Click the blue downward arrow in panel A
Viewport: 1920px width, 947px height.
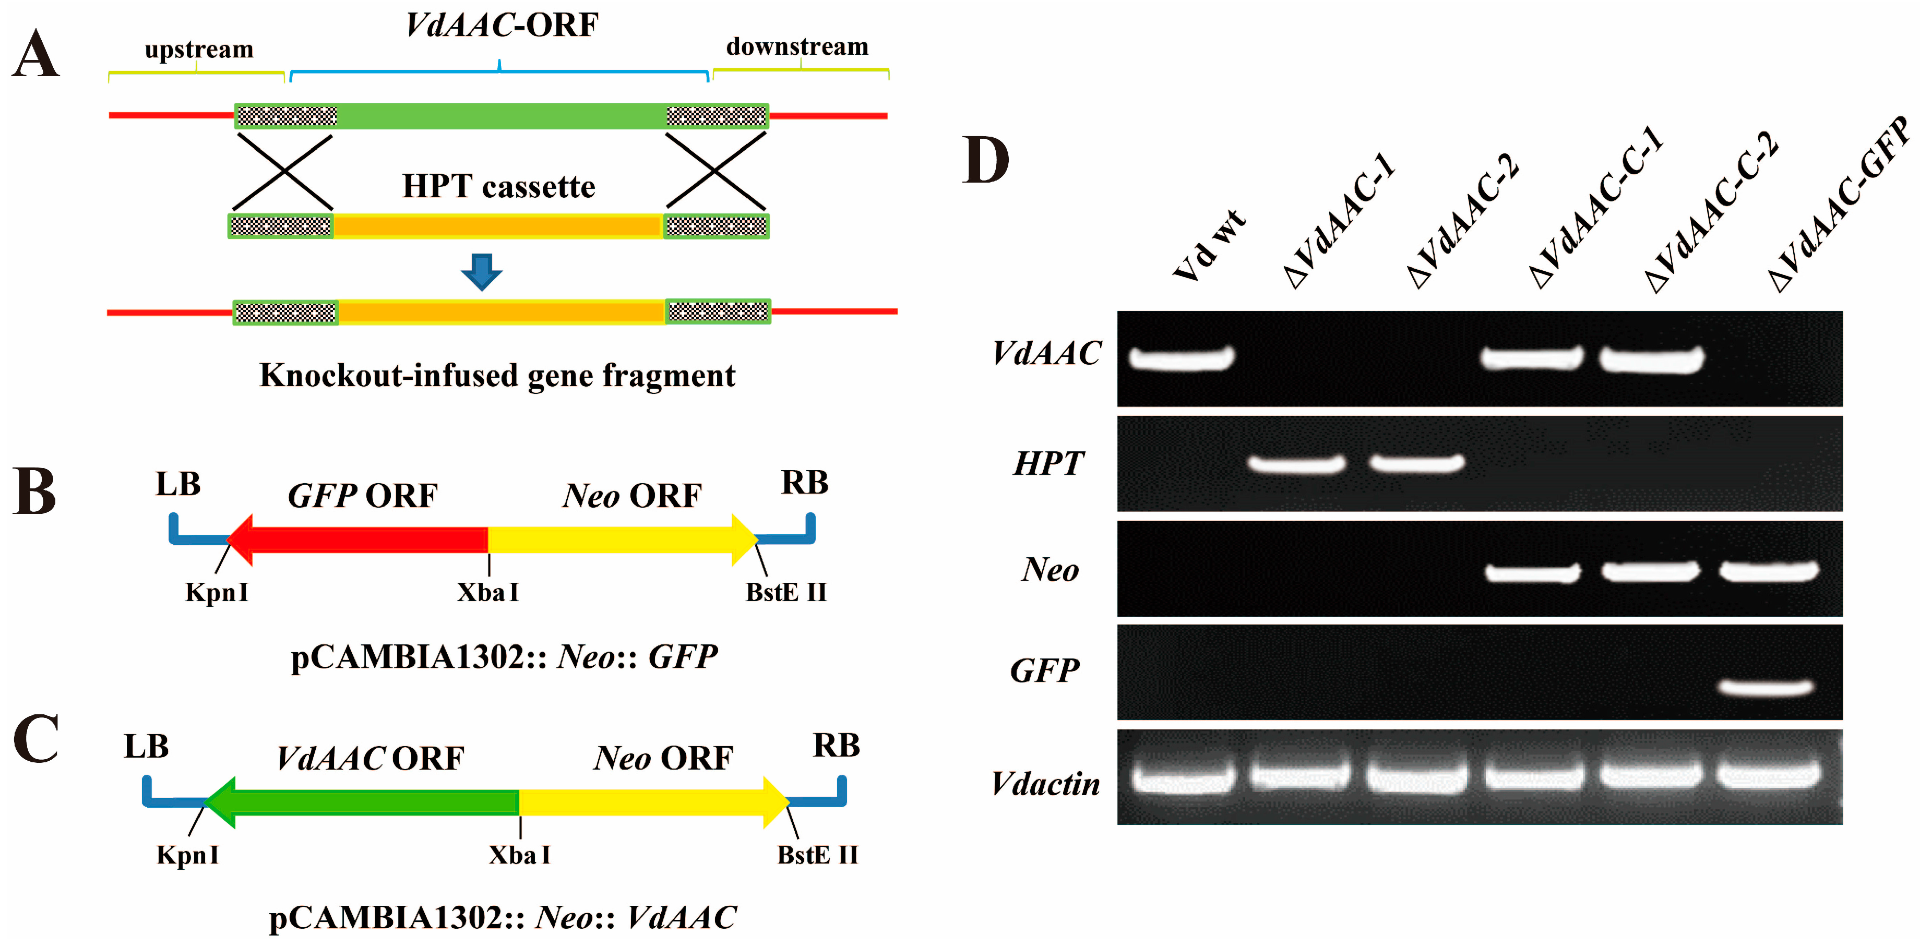pos(482,272)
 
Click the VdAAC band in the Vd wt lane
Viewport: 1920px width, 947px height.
pos(1182,358)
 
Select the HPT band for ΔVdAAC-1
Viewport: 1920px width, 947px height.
pos(1297,464)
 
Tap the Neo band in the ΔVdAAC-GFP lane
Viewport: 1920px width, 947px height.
pos(1769,571)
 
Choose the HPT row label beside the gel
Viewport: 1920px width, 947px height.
pos(1048,463)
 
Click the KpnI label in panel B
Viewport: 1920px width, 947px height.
pos(216,592)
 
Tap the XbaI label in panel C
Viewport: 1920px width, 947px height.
pos(519,855)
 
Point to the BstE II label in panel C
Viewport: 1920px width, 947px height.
pos(818,855)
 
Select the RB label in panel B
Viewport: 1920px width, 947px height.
pos(804,483)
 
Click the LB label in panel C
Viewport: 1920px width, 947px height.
pos(146,746)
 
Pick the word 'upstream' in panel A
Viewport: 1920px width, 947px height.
pos(199,49)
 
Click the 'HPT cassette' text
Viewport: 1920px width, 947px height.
pos(498,186)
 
